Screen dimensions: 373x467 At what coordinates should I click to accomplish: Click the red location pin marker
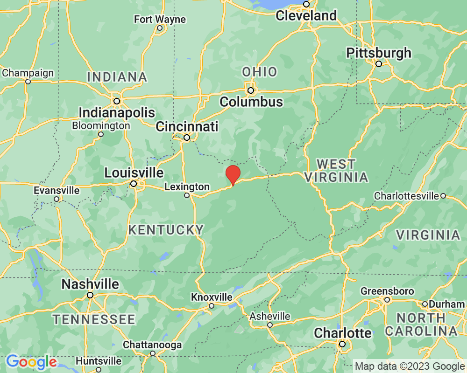[233, 175]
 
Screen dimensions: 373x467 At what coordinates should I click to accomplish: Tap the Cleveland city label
[306, 15]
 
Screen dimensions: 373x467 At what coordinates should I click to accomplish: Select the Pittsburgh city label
[379, 53]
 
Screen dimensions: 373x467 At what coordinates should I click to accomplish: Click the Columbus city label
[251, 102]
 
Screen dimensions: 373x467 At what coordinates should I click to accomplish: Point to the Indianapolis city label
[117, 112]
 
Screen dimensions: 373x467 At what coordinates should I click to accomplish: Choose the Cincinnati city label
[187, 126]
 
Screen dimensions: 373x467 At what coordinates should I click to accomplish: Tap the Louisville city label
[134, 173]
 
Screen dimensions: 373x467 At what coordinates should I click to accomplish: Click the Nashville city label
[90, 284]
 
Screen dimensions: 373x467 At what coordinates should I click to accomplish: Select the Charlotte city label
[342, 333]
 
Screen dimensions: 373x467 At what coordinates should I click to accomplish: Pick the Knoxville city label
[212, 297]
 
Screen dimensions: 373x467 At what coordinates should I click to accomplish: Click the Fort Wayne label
[160, 20]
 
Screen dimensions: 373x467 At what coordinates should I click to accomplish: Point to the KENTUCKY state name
[166, 230]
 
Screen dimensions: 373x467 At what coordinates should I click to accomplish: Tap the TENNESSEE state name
[94, 319]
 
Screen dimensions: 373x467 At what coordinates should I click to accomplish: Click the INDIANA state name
[117, 77]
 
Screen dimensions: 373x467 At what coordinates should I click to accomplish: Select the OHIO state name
[259, 72]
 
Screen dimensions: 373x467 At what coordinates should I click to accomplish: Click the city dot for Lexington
[187, 195]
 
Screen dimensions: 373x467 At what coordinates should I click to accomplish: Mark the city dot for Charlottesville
[443, 196]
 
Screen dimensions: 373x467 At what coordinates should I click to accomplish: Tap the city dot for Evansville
[57, 199]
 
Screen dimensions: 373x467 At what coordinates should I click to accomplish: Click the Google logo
[31, 361]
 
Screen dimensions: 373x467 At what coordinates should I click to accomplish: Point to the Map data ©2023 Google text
[409, 366]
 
